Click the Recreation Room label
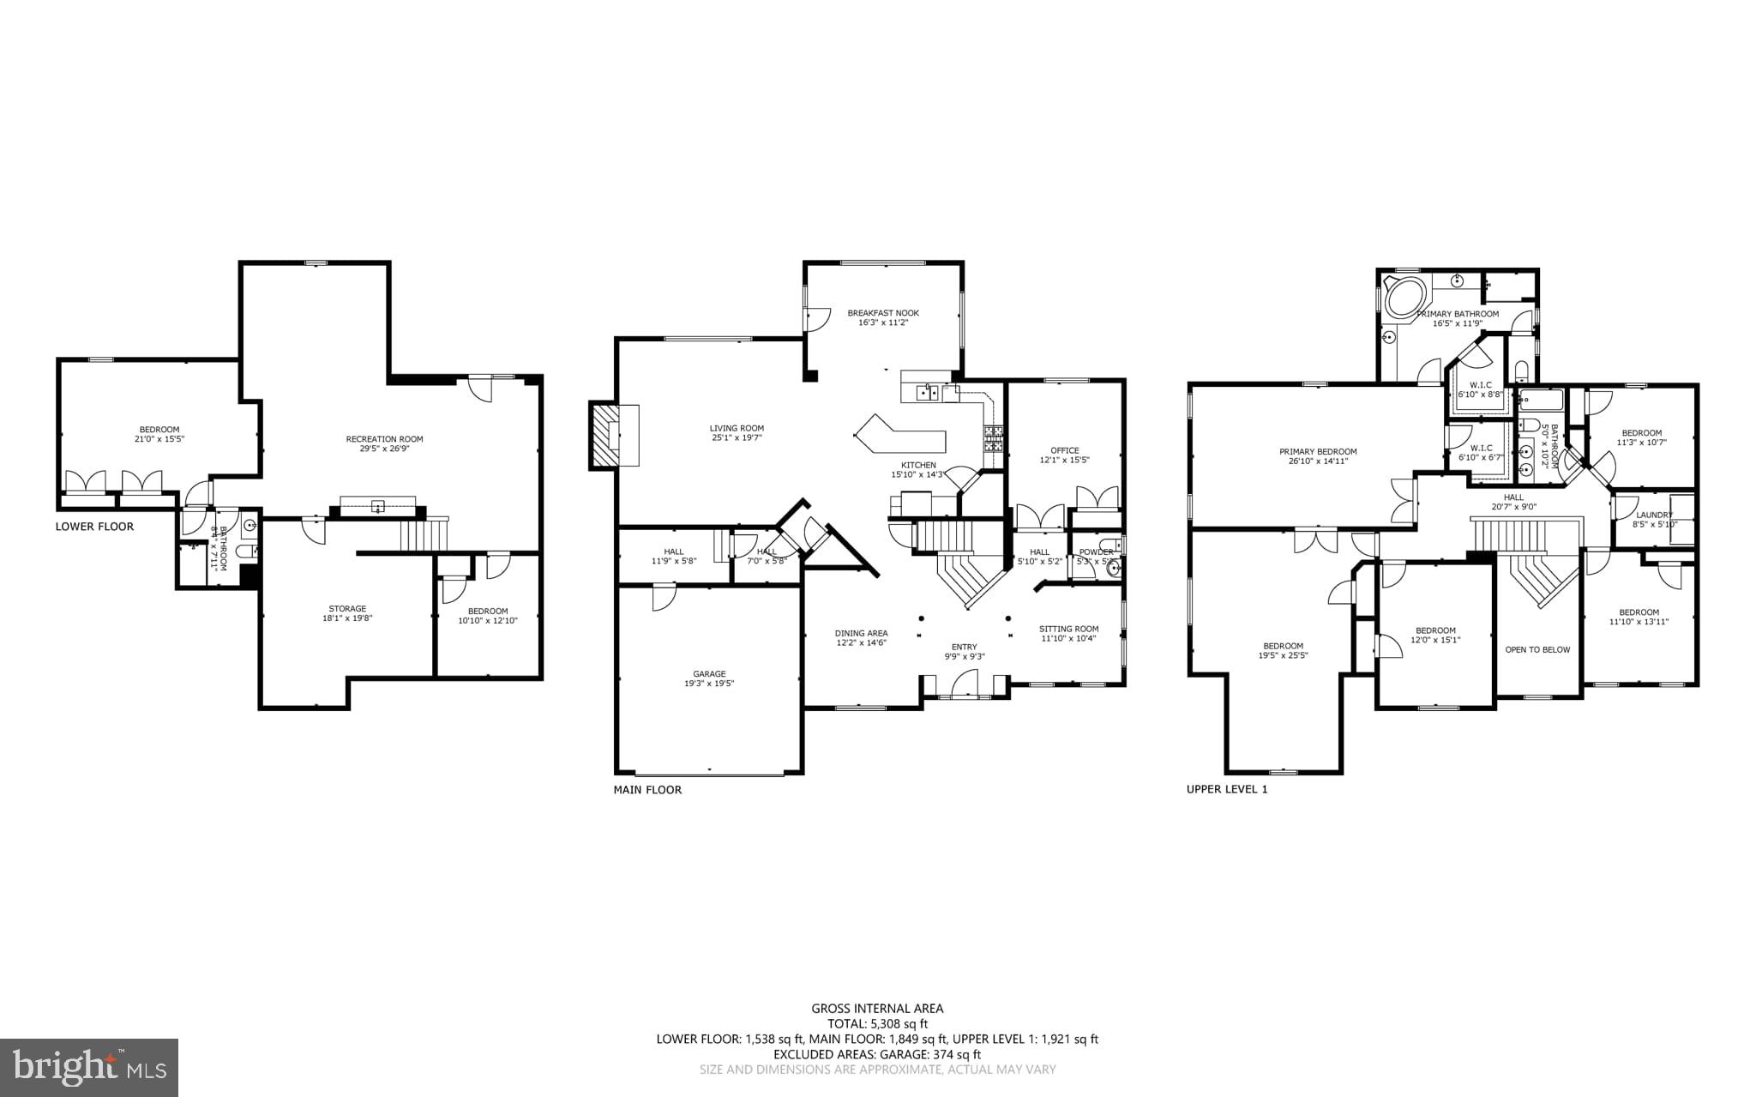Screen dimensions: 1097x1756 click(x=384, y=439)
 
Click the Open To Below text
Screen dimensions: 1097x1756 click(x=1537, y=649)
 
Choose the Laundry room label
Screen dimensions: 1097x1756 click(x=1654, y=515)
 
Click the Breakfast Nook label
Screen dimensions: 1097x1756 click(x=883, y=313)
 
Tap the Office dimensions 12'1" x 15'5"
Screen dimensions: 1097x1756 click(x=1064, y=460)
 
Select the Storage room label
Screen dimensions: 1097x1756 click(x=347, y=609)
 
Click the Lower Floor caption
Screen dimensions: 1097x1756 click(x=94, y=527)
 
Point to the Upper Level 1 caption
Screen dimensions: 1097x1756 click(x=1226, y=789)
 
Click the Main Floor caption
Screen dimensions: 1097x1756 click(x=647, y=790)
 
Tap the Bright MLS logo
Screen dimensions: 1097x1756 click(x=89, y=1067)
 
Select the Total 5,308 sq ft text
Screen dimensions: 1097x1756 click(x=877, y=1023)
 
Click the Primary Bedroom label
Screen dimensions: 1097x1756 click(x=1318, y=452)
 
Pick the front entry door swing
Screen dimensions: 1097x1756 click(x=964, y=684)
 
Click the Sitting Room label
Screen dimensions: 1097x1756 click(x=1068, y=629)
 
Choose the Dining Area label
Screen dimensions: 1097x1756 click(x=861, y=634)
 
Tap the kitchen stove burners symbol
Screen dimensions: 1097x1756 click(x=993, y=438)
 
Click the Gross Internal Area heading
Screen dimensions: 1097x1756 click(x=877, y=1009)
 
